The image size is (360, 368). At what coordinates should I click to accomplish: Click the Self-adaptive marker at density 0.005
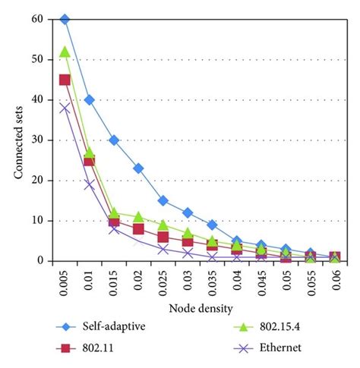[65, 19]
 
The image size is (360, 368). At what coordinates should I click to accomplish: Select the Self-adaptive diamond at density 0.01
[89, 99]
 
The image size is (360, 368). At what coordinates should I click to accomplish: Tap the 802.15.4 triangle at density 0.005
[65, 52]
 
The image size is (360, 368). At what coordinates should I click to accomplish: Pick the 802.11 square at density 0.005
[65, 80]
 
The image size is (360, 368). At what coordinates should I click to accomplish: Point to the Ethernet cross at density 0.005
[65, 108]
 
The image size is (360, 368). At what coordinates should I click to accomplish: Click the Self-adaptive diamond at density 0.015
[114, 140]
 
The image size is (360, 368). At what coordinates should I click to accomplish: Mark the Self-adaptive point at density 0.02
[138, 168]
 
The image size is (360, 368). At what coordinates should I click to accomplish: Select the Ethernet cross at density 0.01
[89, 184]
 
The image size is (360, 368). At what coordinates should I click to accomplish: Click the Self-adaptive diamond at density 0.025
[163, 200]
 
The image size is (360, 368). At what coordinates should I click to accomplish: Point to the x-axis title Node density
[200, 307]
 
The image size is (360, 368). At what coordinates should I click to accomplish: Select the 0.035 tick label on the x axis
[213, 281]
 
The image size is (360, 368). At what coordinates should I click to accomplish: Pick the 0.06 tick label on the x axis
[336, 278]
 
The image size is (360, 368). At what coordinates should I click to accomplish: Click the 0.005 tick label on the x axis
[65, 281]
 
